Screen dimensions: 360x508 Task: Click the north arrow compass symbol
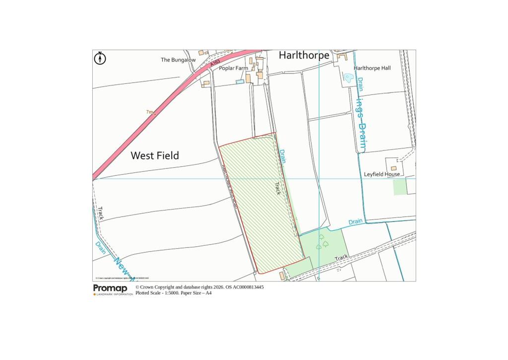click(100, 59)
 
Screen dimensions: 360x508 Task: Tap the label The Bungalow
click(178, 60)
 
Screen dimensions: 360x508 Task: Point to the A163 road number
click(215, 64)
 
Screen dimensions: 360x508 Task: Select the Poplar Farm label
click(233, 68)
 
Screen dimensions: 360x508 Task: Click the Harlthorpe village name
click(304, 55)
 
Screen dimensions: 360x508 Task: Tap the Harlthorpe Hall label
click(372, 68)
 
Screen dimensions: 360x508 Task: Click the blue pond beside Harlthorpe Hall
click(349, 78)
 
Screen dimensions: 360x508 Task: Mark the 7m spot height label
click(150, 112)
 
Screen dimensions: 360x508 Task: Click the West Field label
click(155, 155)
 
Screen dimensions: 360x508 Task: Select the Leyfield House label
click(381, 174)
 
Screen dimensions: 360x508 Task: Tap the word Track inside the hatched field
click(278, 188)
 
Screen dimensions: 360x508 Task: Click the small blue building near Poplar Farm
click(240, 81)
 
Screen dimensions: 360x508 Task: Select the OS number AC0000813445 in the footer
click(245, 287)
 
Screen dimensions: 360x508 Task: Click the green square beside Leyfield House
click(400, 187)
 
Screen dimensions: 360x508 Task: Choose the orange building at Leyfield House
click(393, 168)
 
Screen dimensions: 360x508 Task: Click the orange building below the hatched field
click(282, 275)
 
